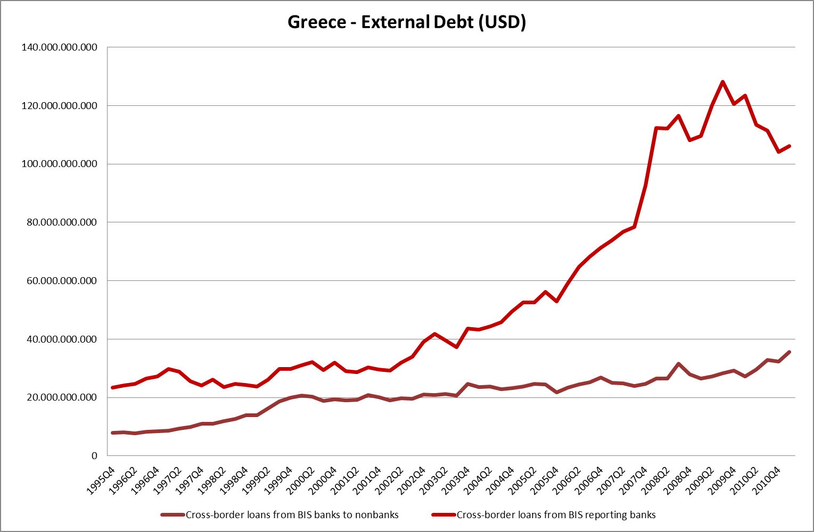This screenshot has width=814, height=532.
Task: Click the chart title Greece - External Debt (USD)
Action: click(x=407, y=22)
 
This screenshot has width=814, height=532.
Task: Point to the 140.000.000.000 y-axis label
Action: click(x=59, y=47)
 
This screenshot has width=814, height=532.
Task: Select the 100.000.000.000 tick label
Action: click(x=59, y=164)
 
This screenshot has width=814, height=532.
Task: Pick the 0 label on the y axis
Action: click(x=94, y=456)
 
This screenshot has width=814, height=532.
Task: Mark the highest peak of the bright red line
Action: click(x=722, y=82)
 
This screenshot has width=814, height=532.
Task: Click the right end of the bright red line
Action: click(x=789, y=146)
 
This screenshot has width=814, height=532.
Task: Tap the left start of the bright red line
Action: click(x=113, y=387)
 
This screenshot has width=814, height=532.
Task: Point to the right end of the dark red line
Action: click(x=789, y=352)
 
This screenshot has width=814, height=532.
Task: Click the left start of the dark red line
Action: click(x=113, y=433)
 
